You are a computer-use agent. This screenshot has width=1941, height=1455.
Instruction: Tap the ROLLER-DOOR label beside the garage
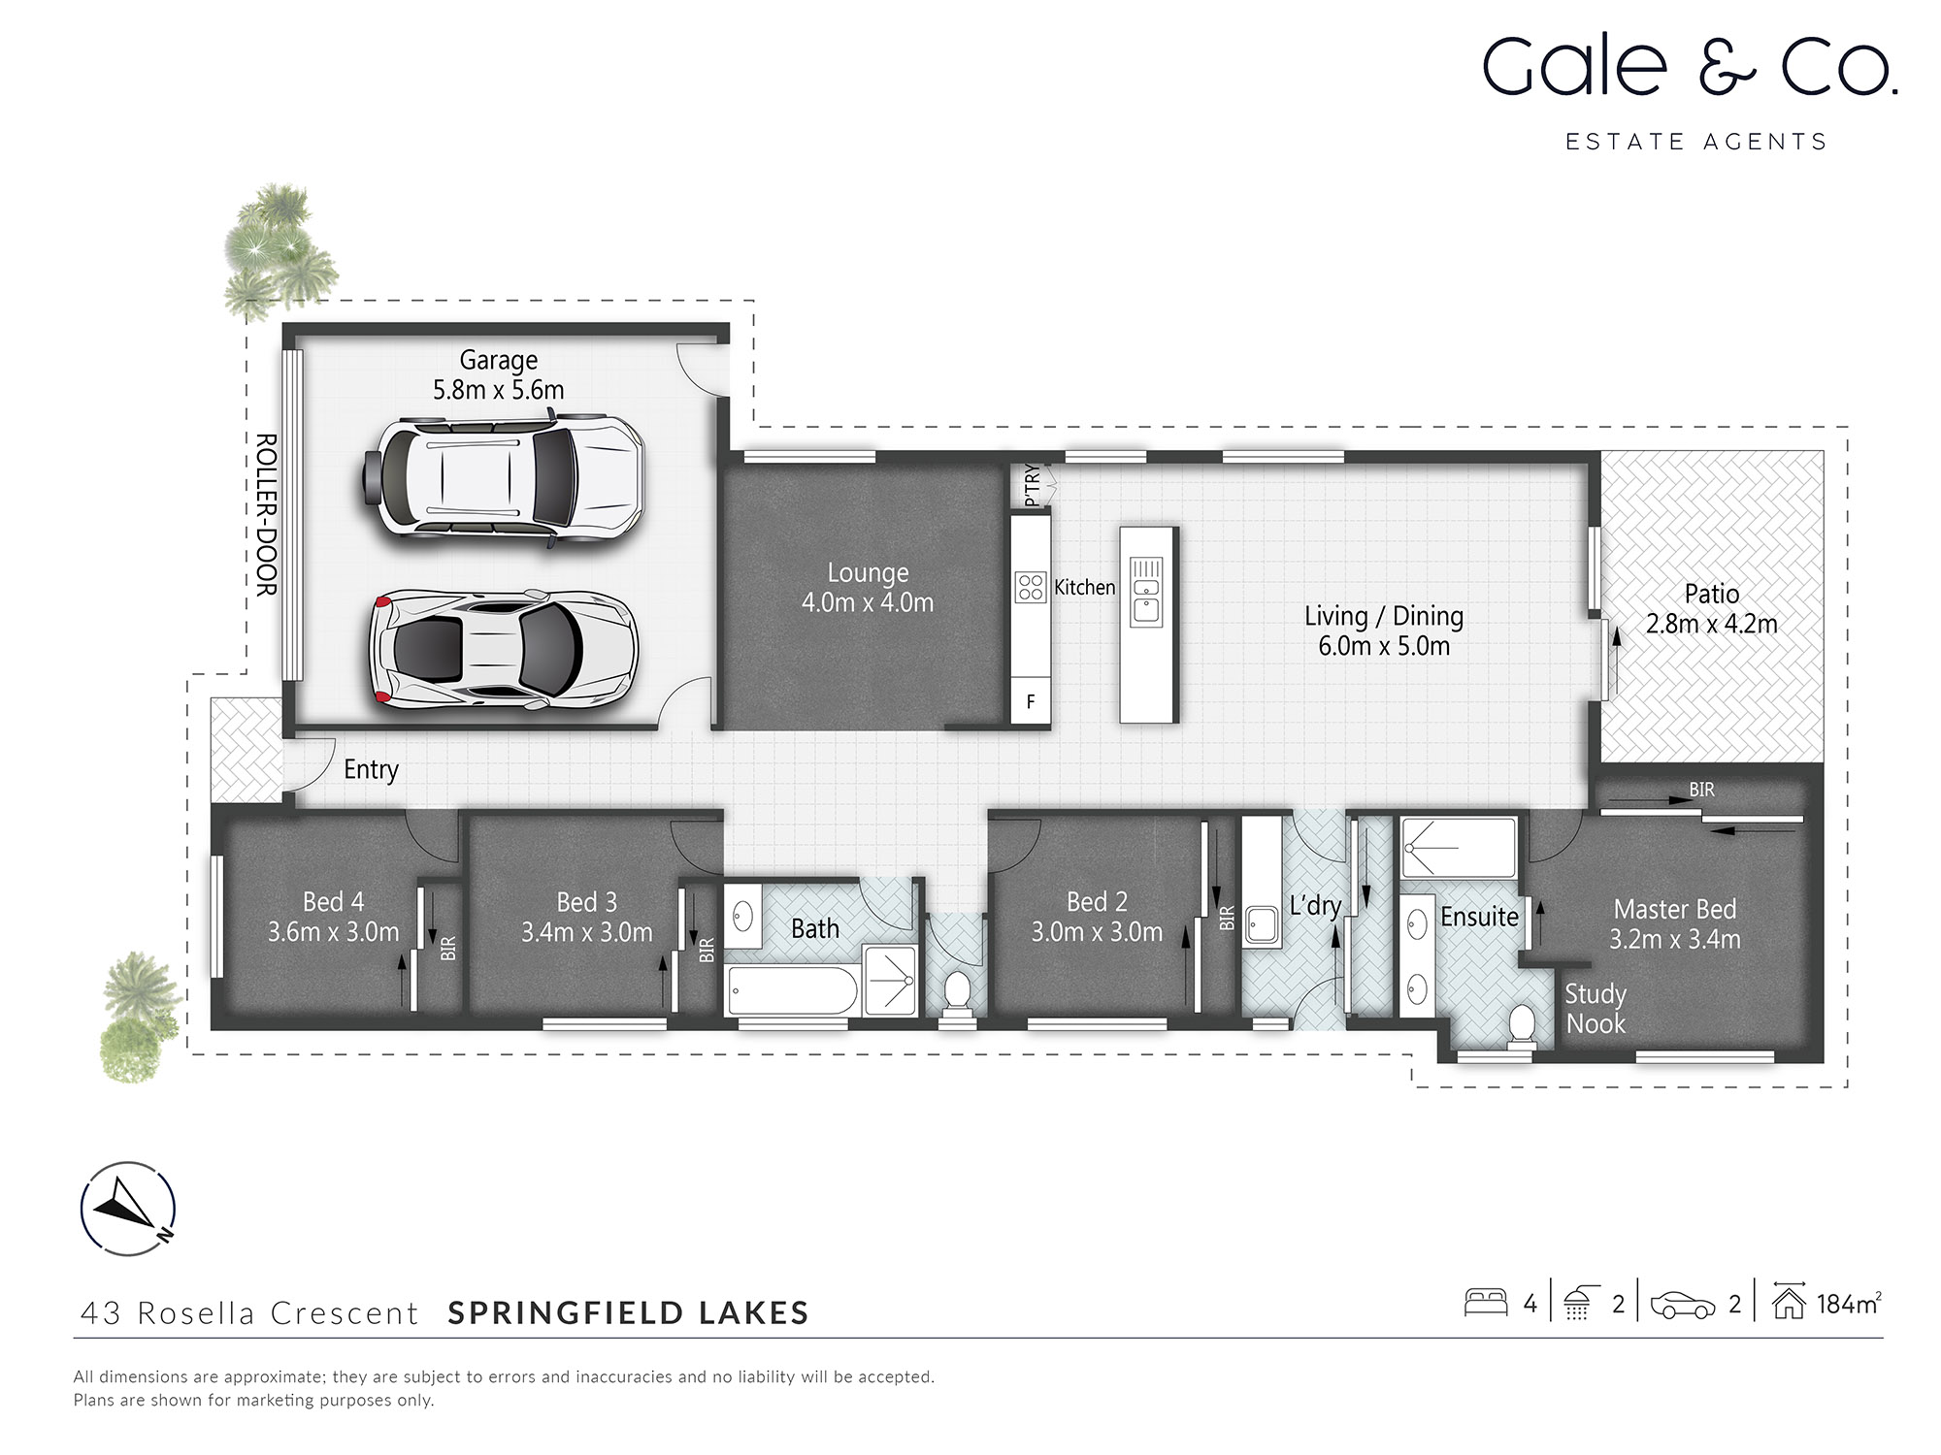266,514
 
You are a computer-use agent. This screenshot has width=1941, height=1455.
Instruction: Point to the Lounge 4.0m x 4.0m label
868,588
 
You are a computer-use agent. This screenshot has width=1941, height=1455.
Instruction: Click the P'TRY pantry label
1032,485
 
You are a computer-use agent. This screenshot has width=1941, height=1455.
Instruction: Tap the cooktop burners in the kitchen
1031,587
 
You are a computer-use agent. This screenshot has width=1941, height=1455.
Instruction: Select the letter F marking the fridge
1031,701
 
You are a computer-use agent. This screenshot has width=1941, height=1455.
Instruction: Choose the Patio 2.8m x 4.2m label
1711,608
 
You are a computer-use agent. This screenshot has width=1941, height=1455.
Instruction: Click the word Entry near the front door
371,770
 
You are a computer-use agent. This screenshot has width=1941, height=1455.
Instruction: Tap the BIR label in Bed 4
447,948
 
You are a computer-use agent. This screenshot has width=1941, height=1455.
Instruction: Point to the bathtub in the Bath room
792,990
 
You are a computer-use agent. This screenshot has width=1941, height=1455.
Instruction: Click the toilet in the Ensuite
1522,1026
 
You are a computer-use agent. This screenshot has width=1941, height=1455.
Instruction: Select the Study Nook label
1596,1009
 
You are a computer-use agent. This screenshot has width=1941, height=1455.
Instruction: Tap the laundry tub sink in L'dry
1262,924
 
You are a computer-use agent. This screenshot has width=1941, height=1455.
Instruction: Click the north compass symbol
128,1209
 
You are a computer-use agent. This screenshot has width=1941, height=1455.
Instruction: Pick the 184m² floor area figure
1848,1305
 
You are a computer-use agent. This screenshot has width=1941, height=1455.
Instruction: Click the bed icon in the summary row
1485,1302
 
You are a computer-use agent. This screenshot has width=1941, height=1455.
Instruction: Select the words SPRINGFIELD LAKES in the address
628,1313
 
